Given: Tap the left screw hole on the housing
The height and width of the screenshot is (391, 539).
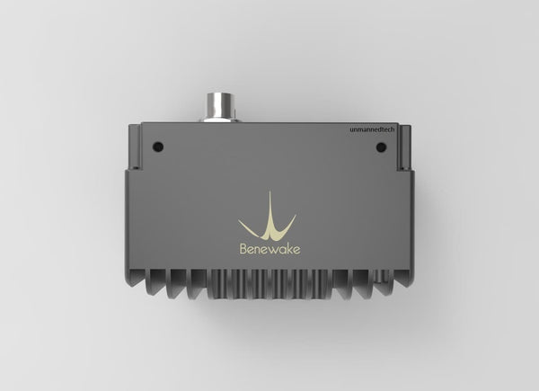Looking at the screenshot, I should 159,145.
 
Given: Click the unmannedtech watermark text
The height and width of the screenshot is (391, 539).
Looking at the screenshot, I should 376,130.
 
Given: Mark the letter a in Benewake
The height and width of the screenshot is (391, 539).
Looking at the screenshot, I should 282,252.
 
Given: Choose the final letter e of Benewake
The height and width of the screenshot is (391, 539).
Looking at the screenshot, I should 297,252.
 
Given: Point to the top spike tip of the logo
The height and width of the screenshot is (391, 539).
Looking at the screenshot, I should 269,191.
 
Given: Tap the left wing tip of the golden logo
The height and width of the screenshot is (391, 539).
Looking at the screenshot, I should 240,221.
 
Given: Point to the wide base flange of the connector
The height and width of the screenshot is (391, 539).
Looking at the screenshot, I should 218,120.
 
